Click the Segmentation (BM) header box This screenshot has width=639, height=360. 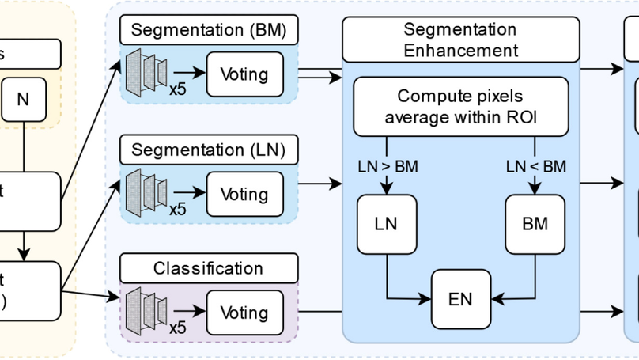click(x=209, y=31)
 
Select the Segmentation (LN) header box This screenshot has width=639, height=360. click(x=209, y=150)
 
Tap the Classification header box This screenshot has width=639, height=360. click(x=209, y=268)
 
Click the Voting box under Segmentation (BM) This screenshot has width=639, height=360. click(x=244, y=75)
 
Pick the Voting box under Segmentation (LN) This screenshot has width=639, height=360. click(x=244, y=194)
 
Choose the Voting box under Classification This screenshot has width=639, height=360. click(x=244, y=313)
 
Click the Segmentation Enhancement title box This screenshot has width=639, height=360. click(x=460, y=40)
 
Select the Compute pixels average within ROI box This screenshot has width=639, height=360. click(x=460, y=107)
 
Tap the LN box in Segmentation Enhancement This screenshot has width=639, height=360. click(x=385, y=223)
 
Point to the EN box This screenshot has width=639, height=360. click(x=460, y=298)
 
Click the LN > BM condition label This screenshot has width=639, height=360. click(x=385, y=166)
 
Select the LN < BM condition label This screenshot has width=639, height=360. click(x=535, y=166)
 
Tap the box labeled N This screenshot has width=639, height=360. click(x=22, y=99)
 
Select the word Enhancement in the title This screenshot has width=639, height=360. click(x=460, y=51)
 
